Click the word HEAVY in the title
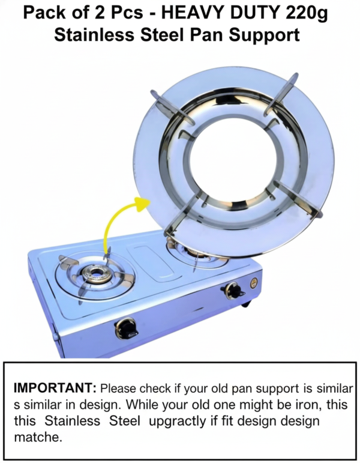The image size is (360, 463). [x=190, y=13]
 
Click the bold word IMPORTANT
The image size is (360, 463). [x=55, y=388]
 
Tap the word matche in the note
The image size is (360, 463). [x=38, y=437]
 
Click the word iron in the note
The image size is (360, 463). [x=308, y=404]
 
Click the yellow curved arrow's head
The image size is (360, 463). [x=143, y=203]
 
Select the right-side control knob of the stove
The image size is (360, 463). [x=233, y=290]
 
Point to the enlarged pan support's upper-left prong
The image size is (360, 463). [x=173, y=107]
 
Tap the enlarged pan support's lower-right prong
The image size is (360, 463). [x=298, y=198]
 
